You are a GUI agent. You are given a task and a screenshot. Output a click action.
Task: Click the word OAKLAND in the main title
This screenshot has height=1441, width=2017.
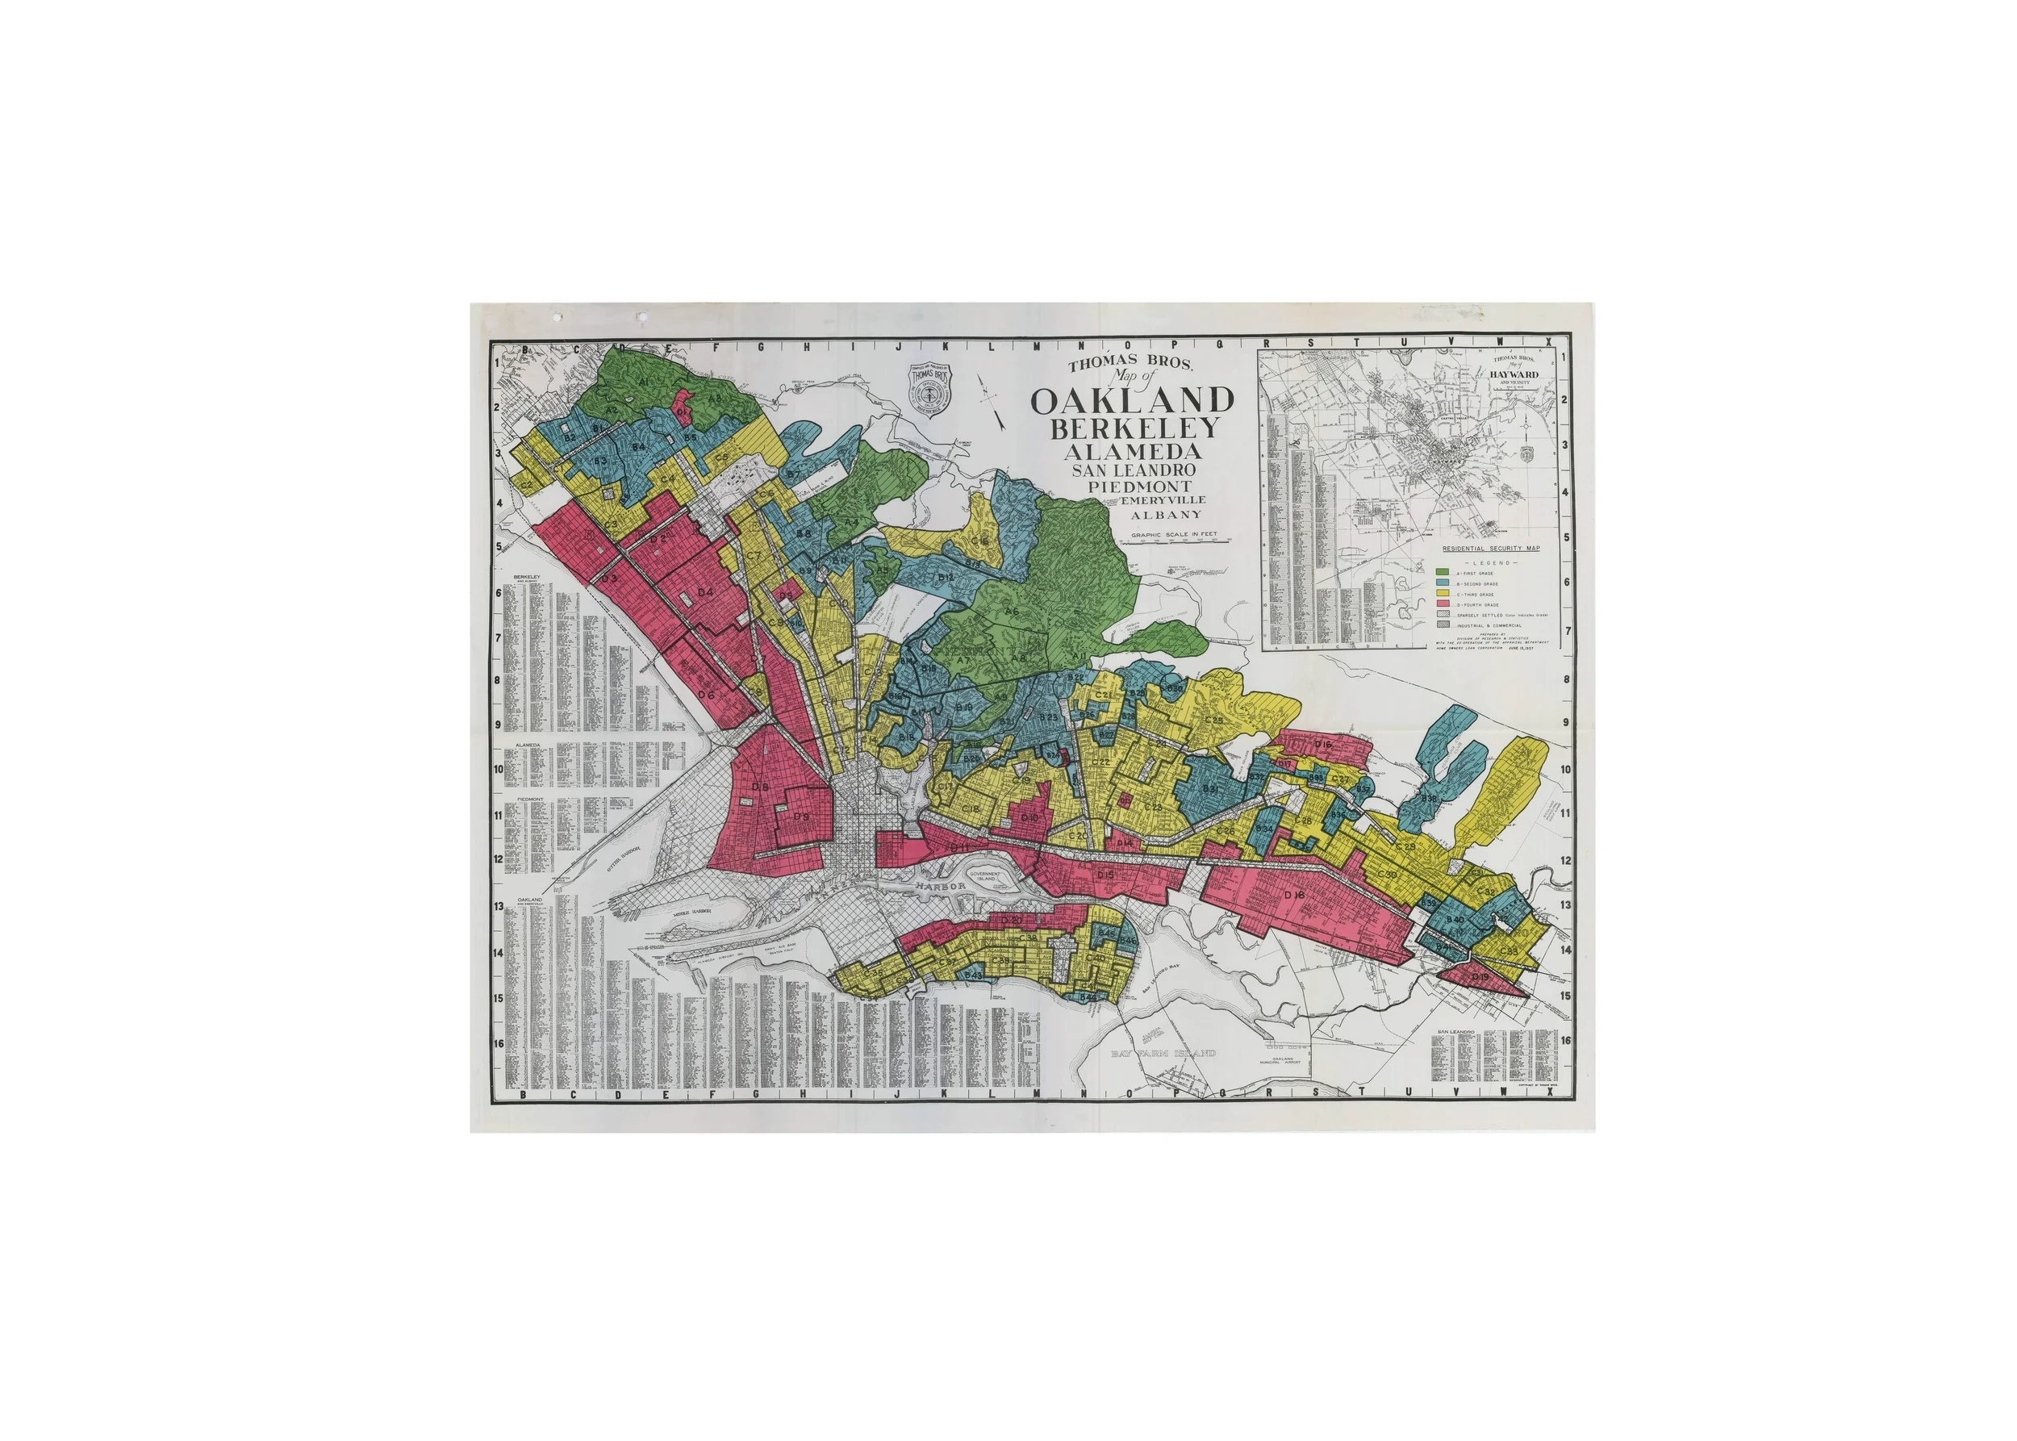pos(1131,401)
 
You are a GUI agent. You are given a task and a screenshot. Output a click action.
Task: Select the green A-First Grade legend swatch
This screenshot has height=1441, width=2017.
pos(1442,573)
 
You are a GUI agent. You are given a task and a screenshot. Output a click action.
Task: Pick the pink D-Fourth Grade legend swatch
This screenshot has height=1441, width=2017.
pos(1442,604)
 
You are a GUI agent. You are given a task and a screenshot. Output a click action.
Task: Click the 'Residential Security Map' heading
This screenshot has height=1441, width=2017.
pos(1491,549)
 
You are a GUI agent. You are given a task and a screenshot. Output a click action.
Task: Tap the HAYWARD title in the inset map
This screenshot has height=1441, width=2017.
pos(1514,374)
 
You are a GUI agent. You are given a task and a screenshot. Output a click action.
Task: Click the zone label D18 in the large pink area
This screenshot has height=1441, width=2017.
pos(1295,895)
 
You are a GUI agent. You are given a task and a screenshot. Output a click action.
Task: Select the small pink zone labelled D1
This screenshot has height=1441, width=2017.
pos(682,411)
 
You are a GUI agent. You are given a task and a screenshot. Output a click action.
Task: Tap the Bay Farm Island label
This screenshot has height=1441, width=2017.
pos(1163,1053)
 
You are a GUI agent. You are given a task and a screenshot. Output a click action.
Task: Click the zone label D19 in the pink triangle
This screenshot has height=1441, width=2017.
pos(1480,977)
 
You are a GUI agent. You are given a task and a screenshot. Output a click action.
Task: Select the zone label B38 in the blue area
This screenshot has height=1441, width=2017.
pos(1429,799)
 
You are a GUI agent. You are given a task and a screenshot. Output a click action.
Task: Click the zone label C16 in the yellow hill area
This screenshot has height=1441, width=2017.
pos(979,540)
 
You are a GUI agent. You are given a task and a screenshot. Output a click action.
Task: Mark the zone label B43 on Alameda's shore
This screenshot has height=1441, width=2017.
pos(974,975)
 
